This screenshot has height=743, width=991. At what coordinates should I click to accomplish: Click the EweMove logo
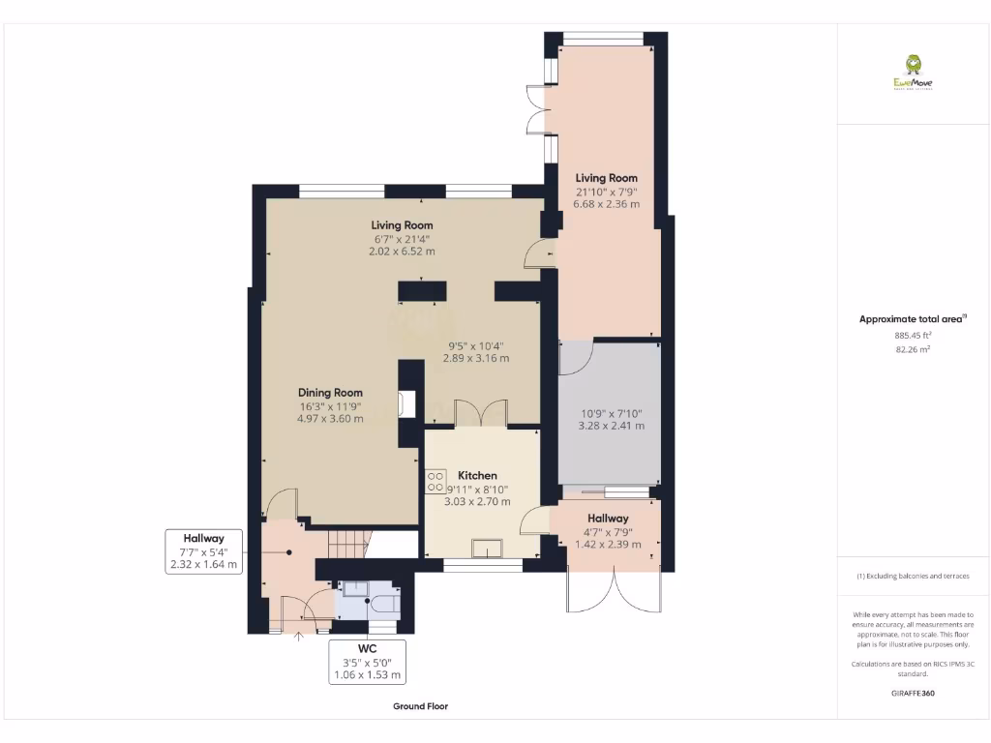pos(914,73)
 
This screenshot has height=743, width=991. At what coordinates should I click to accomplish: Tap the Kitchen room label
pos(477,475)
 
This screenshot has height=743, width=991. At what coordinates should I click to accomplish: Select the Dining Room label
pos(330,392)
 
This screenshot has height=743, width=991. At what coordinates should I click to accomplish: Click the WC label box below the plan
pos(368,662)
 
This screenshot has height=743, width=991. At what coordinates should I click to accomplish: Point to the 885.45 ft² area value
pos(913,335)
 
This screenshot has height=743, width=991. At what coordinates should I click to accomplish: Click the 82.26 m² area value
pos(913,349)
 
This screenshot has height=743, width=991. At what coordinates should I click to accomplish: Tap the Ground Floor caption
pos(420,706)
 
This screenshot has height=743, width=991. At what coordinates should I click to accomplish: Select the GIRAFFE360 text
pos(913,694)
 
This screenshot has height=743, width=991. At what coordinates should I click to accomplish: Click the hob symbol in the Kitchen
pos(435,481)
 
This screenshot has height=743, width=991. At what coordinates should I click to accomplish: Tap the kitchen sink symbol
pos(487,549)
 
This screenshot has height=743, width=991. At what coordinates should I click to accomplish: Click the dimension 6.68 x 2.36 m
pos(607,204)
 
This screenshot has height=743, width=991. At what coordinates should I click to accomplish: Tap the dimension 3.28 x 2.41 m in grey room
pos(611,426)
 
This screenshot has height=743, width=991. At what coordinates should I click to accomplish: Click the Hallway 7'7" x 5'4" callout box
pos(204,551)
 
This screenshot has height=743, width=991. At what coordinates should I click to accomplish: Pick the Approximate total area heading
pos(913,318)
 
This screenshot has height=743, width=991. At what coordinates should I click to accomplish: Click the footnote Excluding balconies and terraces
pos(913,576)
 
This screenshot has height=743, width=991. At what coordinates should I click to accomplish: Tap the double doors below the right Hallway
pos(614,588)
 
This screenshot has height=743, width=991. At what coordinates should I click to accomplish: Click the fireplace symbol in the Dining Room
pos(406,403)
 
